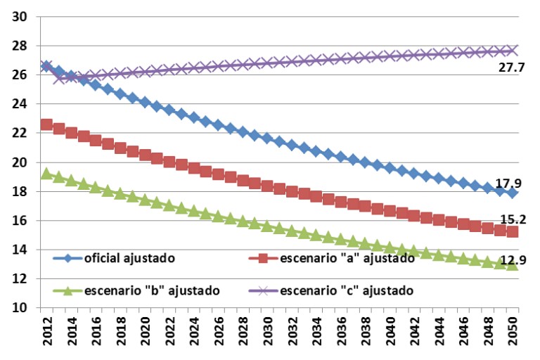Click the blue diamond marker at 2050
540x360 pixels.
[513, 193]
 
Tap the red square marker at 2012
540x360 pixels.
[46, 124]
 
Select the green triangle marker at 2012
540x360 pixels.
[46, 173]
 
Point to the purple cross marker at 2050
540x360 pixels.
[513, 50]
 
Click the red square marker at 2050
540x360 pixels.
[513, 231]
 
